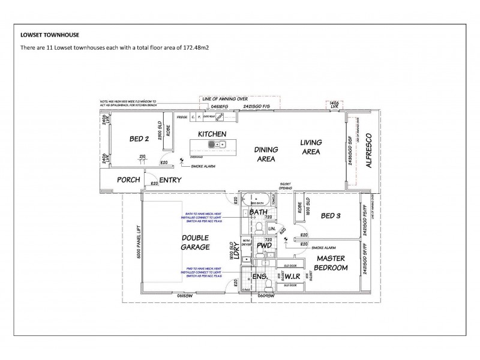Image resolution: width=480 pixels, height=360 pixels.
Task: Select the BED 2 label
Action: point(139,139)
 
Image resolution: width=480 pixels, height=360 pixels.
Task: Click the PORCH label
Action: point(128,179)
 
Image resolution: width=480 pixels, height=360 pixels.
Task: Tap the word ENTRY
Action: point(171,179)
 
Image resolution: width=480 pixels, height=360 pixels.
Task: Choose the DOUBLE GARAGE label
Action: point(195,242)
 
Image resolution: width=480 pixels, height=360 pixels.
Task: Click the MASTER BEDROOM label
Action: point(330,263)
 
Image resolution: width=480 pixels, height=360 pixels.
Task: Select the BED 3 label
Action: point(331,215)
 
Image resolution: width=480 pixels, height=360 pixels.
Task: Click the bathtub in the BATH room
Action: point(259,199)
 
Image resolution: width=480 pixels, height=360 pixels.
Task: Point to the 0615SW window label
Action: point(184,295)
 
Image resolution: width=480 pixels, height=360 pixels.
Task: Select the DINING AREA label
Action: point(265,154)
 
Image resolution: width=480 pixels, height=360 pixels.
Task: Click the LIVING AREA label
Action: point(311,147)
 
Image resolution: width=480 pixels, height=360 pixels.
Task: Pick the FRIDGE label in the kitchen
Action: point(181,118)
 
